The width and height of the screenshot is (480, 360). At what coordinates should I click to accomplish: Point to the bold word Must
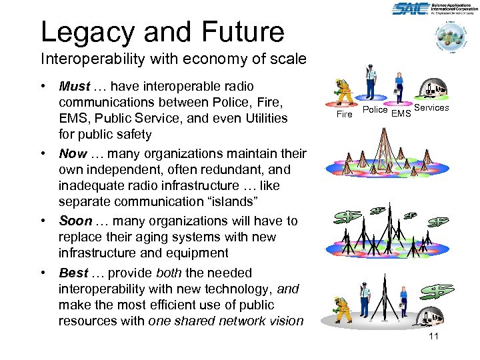73,87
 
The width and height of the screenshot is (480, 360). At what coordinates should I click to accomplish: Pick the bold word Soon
74,221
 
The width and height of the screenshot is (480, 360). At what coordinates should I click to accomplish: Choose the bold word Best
73,273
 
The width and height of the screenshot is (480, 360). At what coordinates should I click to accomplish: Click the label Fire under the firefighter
344,114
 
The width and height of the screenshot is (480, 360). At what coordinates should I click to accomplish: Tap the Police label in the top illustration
375,109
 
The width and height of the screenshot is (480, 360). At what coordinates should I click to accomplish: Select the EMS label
401,114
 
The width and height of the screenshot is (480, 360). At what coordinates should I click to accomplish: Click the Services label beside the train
431,107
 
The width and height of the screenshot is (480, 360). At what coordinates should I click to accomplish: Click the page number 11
433,336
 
